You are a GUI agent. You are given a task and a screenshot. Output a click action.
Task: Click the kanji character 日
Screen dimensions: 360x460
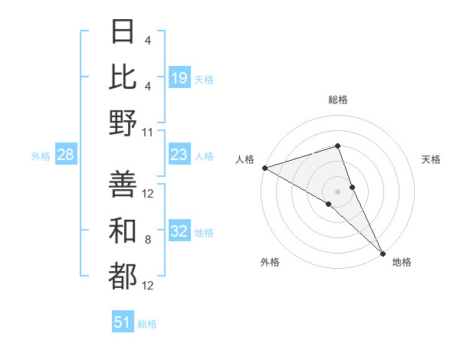click(x=123, y=32)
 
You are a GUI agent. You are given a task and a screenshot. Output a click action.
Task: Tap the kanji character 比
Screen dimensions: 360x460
click(x=123, y=78)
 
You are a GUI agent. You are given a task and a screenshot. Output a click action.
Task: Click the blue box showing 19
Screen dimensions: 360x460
click(x=179, y=78)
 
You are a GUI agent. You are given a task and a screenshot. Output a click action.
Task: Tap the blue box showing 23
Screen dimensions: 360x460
click(x=179, y=155)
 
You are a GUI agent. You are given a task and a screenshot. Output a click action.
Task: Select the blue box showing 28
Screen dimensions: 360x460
click(x=66, y=155)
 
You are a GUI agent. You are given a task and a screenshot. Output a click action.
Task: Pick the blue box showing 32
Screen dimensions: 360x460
click(x=179, y=232)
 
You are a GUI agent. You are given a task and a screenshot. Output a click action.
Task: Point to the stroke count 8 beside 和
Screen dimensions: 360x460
click(x=148, y=241)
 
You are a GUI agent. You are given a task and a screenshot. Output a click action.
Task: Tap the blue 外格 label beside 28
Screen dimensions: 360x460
click(x=41, y=156)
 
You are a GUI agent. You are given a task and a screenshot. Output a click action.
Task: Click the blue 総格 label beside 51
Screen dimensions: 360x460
click(x=147, y=324)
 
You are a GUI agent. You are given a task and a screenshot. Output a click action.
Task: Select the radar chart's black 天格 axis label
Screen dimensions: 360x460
click(x=431, y=159)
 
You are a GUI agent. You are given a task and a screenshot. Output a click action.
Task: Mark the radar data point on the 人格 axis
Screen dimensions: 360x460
click(x=264, y=168)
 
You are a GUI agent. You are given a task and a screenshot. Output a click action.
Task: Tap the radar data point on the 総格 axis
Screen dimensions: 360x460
click(x=337, y=146)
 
